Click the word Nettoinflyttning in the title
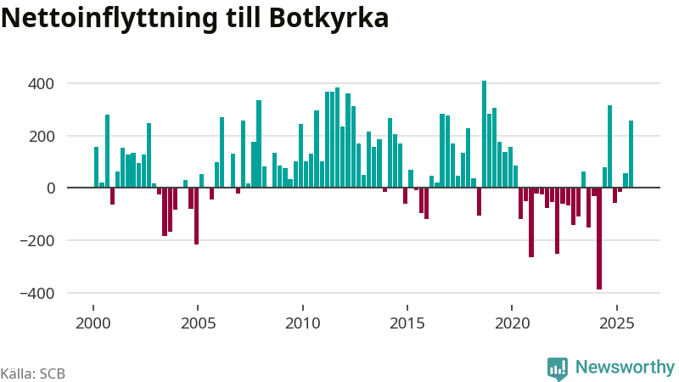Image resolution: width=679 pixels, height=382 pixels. [115, 18]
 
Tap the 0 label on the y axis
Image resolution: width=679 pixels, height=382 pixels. [50, 188]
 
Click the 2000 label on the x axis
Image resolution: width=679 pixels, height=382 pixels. [93, 323]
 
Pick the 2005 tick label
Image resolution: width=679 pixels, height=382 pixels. [198, 323]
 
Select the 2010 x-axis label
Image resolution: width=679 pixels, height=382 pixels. [303, 323]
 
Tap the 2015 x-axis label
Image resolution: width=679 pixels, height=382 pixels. [407, 323]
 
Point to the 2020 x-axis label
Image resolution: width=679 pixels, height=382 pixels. [513, 323]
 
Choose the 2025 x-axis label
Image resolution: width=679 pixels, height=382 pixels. [617, 323]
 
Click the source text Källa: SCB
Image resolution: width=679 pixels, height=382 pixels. [33, 373]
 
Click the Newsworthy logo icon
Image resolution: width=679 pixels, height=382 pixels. [558, 368]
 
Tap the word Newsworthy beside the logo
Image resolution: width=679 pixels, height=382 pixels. [625, 368]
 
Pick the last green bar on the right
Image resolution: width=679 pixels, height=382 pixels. [631, 154]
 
